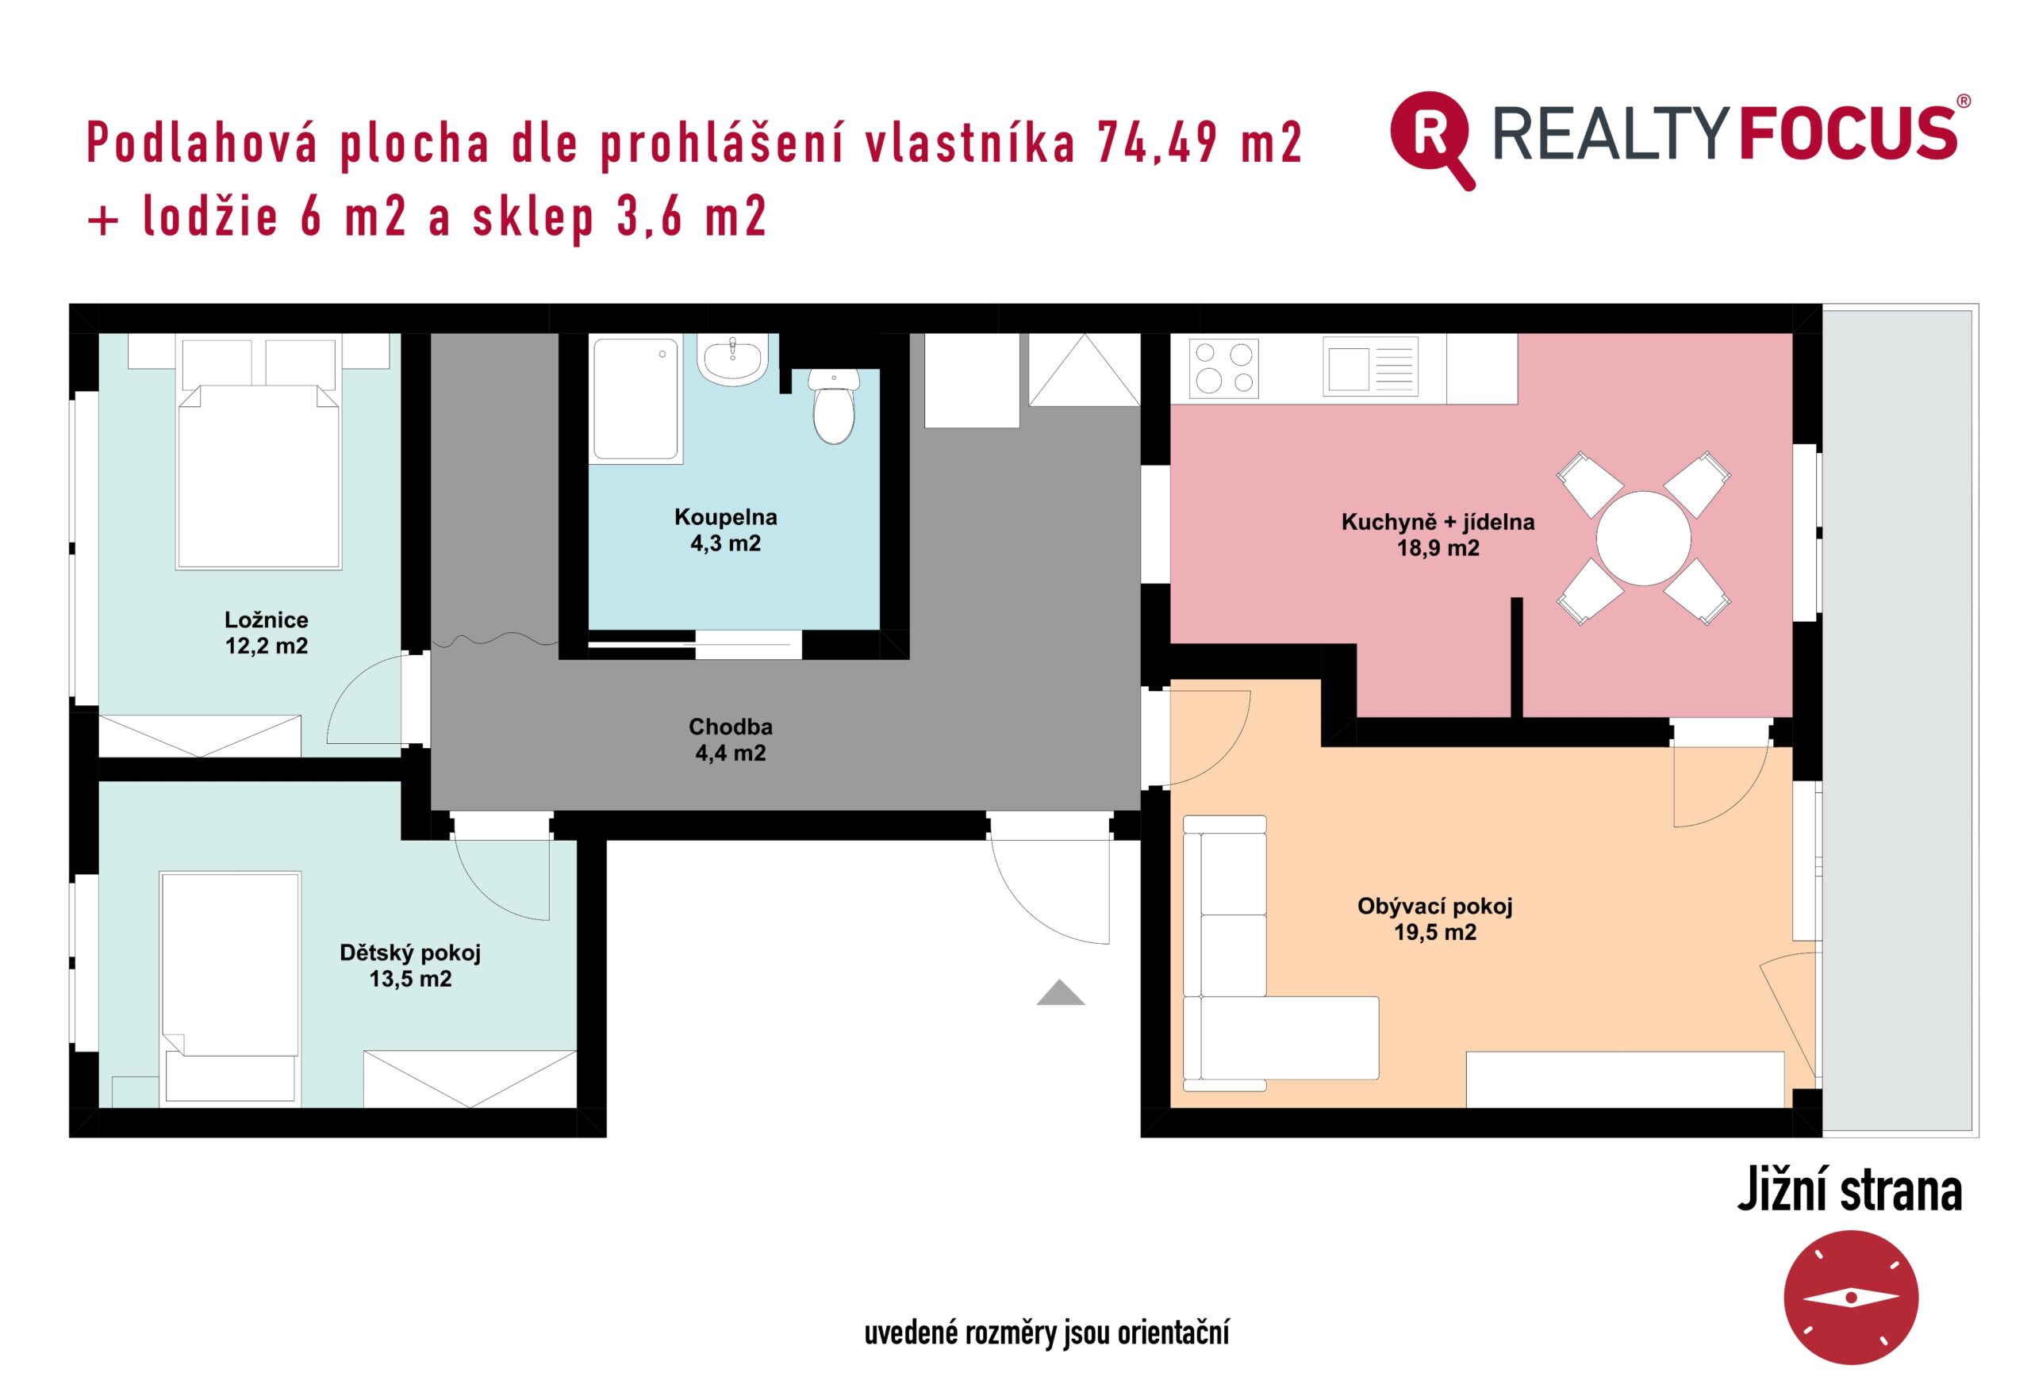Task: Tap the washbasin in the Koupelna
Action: click(732, 359)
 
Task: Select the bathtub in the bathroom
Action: click(636, 398)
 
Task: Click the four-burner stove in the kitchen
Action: click(1224, 368)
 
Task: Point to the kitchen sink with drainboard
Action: click(1370, 367)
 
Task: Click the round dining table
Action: click(1644, 538)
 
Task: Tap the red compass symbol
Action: click(1851, 1298)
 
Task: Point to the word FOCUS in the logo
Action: click(1848, 134)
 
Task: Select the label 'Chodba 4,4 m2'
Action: click(731, 739)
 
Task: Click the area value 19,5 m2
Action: click(1435, 933)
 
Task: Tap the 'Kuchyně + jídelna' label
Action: click(1438, 522)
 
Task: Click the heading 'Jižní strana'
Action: click(1850, 1191)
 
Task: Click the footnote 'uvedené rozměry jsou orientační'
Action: click(1047, 1333)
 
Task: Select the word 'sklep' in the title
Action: click(534, 218)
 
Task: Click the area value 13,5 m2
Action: click(411, 979)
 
